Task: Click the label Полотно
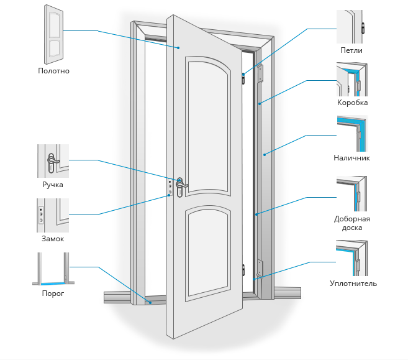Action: (53, 71)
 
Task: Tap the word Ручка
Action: (53, 185)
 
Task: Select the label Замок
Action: (53, 239)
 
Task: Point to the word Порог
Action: (53, 293)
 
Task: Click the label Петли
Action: (351, 50)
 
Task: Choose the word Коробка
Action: (352, 103)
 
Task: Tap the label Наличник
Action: (352, 158)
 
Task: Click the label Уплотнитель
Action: (353, 284)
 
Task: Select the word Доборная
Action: (352, 219)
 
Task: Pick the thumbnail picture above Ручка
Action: (53, 161)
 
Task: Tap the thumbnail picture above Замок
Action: (53, 215)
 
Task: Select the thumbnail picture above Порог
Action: (53, 269)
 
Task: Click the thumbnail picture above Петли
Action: (352, 27)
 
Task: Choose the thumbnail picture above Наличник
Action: (352, 134)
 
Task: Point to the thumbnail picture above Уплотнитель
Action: (352, 259)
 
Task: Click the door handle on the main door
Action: (181, 185)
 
